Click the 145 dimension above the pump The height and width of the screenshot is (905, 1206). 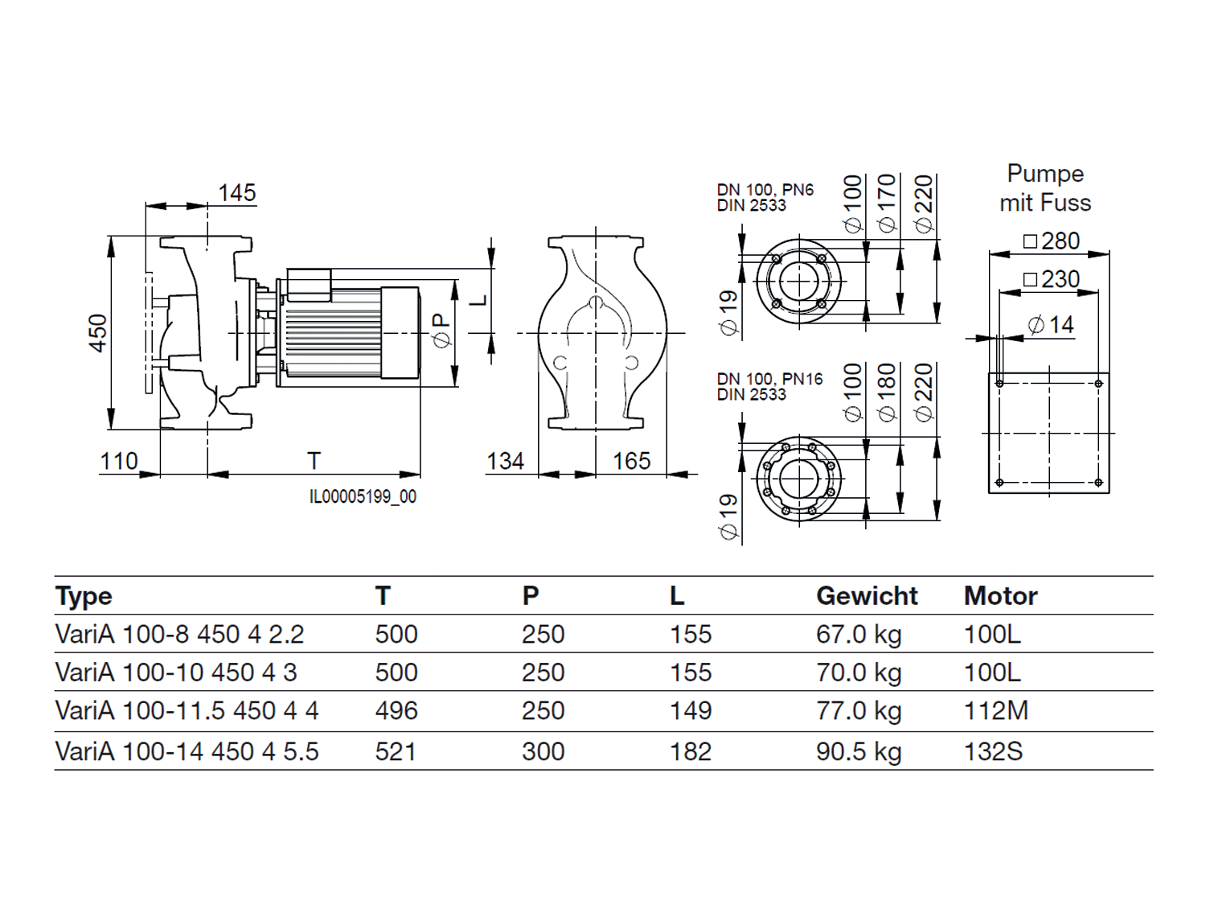pyautogui.click(x=237, y=193)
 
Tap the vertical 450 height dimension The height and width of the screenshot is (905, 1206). pyautogui.click(x=98, y=333)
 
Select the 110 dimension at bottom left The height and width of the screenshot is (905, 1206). pyautogui.click(x=119, y=461)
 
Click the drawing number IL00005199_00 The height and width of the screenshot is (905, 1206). pyautogui.click(x=363, y=496)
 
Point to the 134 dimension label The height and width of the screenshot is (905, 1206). pyautogui.click(x=506, y=461)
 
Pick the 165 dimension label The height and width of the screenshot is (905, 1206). pyautogui.click(x=632, y=461)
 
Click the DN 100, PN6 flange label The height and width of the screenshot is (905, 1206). pyautogui.click(x=765, y=190)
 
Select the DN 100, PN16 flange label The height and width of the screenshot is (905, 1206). pyautogui.click(x=769, y=379)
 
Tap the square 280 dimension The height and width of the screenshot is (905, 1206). pyautogui.click(x=1052, y=241)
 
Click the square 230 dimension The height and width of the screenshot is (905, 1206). pyautogui.click(x=1052, y=279)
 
